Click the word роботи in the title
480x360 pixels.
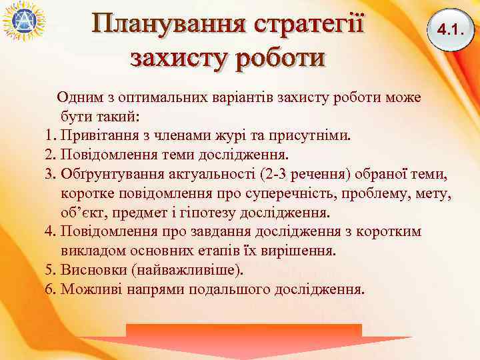click(279, 57)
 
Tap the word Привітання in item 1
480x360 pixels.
click(100, 136)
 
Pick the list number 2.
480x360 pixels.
click(49, 155)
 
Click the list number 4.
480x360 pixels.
click(49, 233)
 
